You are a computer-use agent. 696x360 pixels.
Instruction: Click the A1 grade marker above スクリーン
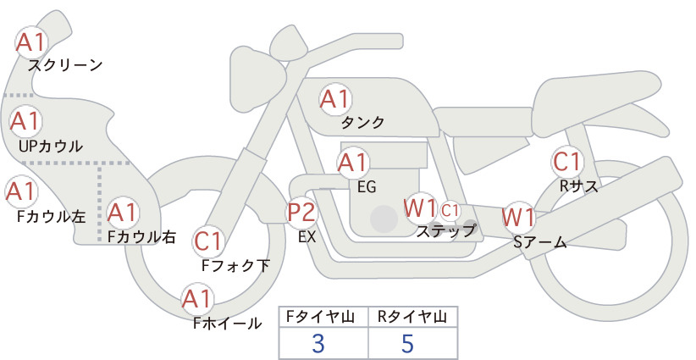pyautogui.click(x=31, y=42)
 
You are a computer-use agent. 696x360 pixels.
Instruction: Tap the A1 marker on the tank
pyautogui.click(x=335, y=99)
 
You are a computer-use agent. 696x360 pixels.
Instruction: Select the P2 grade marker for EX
pyautogui.click(x=301, y=211)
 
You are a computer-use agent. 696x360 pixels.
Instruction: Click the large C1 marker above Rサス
pyautogui.click(x=567, y=161)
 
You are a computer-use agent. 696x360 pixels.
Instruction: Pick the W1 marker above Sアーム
pyautogui.click(x=518, y=218)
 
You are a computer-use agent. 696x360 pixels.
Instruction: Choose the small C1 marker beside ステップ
pyautogui.click(x=450, y=210)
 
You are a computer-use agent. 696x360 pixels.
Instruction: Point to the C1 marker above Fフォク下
pyautogui.click(x=207, y=241)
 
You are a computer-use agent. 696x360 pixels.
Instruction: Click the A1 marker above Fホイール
pyautogui.click(x=196, y=299)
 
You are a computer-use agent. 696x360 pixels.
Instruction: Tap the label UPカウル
pyautogui.click(x=51, y=146)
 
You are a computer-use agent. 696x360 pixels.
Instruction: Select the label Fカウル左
pyautogui.click(x=51, y=217)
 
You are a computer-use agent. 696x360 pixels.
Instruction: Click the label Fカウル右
pyautogui.click(x=141, y=236)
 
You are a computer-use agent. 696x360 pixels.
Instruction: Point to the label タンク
pyautogui.click(x=362, y=122)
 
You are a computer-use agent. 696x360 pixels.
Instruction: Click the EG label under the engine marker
pyautogui.click(x=367, y=187)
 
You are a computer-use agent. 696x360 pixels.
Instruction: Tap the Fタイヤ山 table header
pyautogui.click(x=320, y=317)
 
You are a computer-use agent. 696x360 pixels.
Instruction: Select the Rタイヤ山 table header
pyautogui.click(x=412, y=317)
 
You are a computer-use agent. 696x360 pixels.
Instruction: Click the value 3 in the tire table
pyautogui.click(x=318, y=343)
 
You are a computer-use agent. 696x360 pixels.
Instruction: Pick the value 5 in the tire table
pyautogui.click(x=407, y=343)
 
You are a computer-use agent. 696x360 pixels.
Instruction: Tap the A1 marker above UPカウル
pyautogui.click(x=25, y=121)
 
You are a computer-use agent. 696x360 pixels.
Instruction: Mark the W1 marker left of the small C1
pyautogui.click(x=420, y=208)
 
